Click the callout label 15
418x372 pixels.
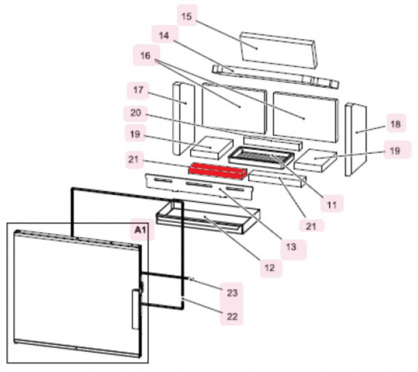[186, 16]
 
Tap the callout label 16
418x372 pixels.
[145, 55]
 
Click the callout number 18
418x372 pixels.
[395, 125]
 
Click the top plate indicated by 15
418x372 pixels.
[277, 46]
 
